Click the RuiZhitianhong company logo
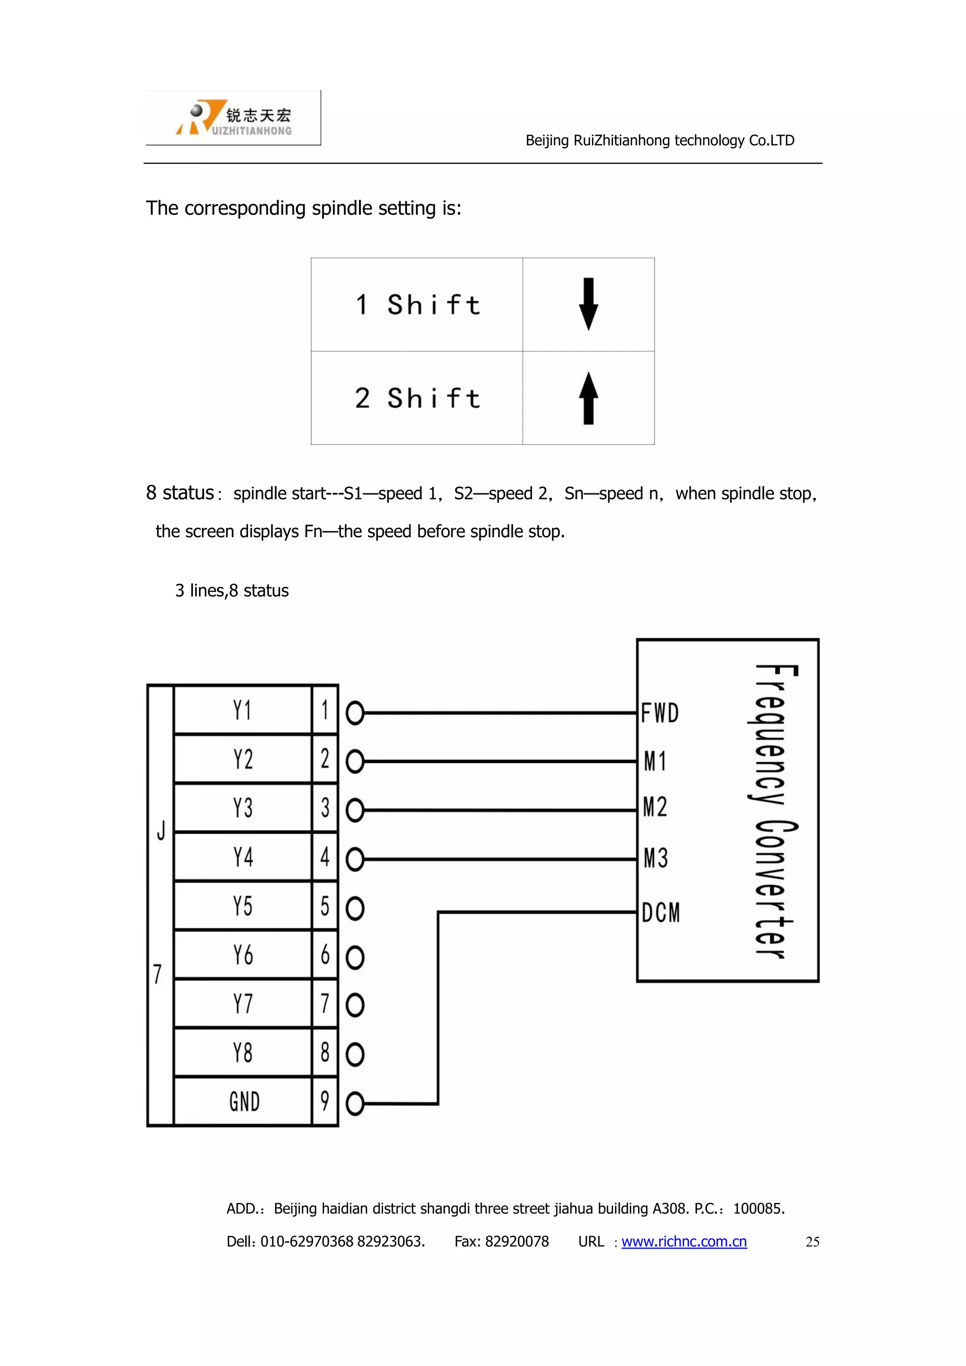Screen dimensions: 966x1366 tap(233, 118)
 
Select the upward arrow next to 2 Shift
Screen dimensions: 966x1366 tap(588, 398)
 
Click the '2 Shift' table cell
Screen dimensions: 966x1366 tap(417, 398)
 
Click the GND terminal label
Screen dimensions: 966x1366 tap(244, 1101)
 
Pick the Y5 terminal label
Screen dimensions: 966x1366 tap(243, 906)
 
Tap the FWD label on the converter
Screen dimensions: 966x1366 tap(660, 713)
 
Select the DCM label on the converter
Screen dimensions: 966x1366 tap(660, 912)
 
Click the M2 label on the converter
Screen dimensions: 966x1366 tap(656, 807)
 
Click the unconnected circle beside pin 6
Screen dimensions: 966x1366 tap(355, 957)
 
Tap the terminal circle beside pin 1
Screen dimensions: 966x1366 tap(355, 713)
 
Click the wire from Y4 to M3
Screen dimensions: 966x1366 tap(500, 859)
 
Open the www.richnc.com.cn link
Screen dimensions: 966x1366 tap(684, 1241)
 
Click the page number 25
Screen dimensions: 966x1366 tap(813, 1241)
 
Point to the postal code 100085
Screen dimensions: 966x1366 tap(758, 1208)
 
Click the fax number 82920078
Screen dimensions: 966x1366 tap(516, 1241)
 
